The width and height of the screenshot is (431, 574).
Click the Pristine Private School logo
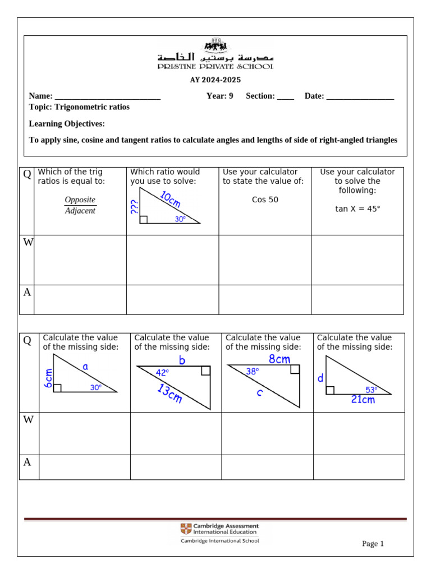[x=215, y=55]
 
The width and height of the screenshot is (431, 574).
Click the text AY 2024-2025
[x=215, y=80]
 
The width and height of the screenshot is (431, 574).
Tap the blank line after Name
[x=108, y=96]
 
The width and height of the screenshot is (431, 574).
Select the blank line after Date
[x=360, y=96]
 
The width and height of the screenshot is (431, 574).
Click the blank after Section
[x=285, y=96]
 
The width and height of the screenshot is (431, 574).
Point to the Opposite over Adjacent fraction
[x=80, y=205]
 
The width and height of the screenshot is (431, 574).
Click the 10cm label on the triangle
[x=171, y=200]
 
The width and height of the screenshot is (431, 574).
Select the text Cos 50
[x=265, y=200]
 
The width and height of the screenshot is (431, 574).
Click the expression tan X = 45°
[x=357, y=209]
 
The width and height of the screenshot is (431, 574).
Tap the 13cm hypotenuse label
[x=169, y=394]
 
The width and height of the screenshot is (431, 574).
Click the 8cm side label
[x=279, y=359]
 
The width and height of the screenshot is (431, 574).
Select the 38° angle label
[x=253, y=371]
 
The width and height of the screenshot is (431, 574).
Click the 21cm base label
[x=363, y=400]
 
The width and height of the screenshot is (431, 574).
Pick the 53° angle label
[x=372, y=390]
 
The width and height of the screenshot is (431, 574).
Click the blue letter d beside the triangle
[x=320, y=379]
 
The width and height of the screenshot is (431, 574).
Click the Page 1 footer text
[x=373, y=544]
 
